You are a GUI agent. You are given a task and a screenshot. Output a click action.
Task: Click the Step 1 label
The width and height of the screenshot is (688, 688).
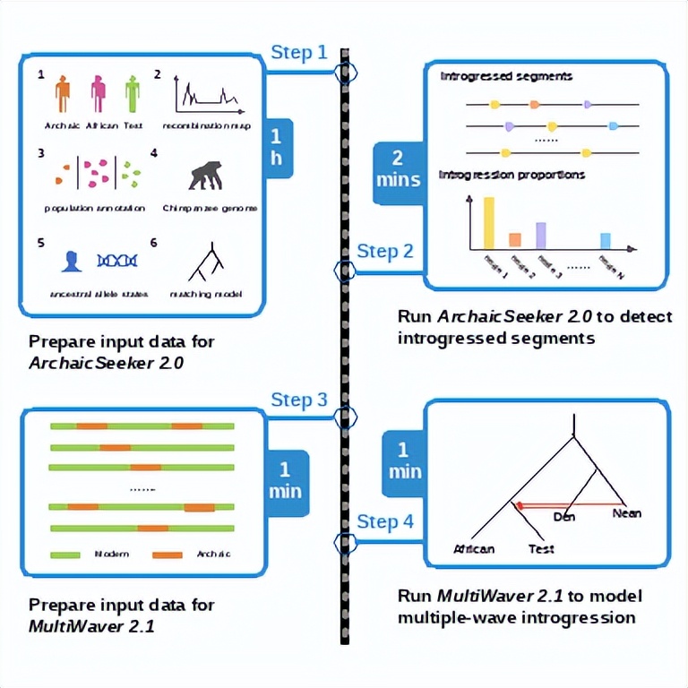(298, 53)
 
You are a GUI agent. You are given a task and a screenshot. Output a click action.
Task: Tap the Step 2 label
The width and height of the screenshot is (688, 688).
(385, 251)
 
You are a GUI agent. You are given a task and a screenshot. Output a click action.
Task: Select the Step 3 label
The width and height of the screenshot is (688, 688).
(298, 400)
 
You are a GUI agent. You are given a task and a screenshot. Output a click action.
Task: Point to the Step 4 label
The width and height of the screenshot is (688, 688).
(385, 521)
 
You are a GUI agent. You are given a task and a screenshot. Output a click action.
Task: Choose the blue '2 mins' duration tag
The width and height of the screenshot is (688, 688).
(399, 168)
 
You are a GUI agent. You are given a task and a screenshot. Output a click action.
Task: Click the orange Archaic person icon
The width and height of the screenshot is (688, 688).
(62, 92)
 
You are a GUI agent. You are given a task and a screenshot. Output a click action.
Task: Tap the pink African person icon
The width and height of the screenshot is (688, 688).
(98, 92)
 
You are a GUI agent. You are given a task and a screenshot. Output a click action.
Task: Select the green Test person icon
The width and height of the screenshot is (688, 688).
(133, 92)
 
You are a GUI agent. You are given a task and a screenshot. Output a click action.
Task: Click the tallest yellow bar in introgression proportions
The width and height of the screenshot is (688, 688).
(489, 222)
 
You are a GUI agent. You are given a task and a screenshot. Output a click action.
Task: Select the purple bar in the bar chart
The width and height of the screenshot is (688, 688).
(541, 234)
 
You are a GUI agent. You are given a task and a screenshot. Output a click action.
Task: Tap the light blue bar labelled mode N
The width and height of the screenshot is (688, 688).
(606, 239)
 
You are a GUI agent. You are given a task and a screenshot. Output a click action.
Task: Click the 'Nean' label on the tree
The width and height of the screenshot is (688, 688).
(626, 513)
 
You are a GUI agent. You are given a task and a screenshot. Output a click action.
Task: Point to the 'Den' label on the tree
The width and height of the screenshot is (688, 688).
(563, 516)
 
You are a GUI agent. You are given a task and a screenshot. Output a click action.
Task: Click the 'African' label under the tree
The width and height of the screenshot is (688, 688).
(474, 548)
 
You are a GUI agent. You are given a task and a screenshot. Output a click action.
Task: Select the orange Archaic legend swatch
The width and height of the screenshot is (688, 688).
(168, 554)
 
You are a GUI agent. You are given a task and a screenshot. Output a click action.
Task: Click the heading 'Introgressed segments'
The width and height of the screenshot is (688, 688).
(506, 77)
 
